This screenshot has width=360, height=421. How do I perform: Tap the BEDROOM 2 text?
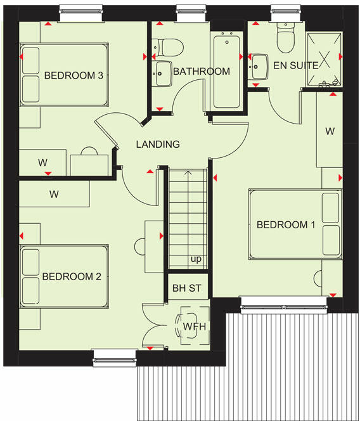click(x=72, y=276)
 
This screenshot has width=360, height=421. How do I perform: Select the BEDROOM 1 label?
click(x=285, y=224)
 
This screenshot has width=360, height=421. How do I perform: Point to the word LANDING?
click(x=158, y=144)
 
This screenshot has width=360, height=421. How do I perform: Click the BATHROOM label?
click(x=202, y=71)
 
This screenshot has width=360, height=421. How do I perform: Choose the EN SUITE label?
click(x=295, y=65)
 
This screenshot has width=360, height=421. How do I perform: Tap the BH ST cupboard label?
click(x=186, y=288)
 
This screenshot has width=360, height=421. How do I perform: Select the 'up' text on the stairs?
click(x=196, y=259)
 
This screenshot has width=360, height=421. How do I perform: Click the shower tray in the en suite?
click(x=324, y=58)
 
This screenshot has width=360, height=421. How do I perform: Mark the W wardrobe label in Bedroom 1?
click(x=330, y=131)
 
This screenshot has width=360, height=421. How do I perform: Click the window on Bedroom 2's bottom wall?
click(x=115, y=358)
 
